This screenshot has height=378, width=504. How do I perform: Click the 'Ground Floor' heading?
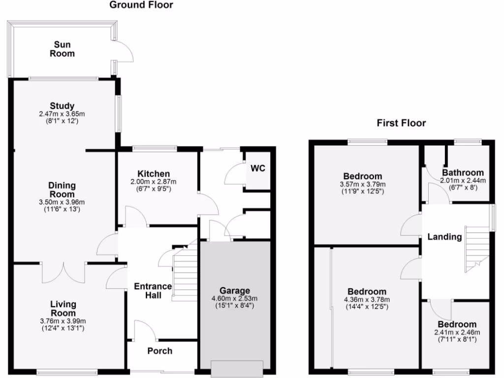pos(141,5)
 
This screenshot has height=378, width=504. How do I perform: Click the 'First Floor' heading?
pos(401,123)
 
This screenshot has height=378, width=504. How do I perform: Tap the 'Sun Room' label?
pos(62,49)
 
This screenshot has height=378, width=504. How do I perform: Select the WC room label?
pos(258,168)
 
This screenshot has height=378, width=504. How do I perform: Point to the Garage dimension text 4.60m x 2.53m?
pos(235,299)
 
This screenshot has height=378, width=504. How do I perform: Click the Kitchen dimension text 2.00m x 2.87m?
pos(154,182)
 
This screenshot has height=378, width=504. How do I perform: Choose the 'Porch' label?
pos(160,351)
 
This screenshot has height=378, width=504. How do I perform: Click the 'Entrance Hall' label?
pos(154,291)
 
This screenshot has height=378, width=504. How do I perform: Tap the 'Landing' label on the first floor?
pos(444,237)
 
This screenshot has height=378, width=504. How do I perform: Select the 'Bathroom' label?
pos(463,173)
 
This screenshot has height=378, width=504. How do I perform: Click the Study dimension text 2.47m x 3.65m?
pos(62,114)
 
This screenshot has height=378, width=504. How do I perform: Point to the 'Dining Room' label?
pos(62,189)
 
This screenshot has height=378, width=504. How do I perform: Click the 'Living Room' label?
pos(63,309)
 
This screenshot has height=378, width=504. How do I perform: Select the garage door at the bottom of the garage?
pos(237,368)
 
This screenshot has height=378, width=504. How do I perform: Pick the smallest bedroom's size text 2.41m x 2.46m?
pos(457,332)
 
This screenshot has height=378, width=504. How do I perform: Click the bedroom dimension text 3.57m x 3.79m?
pos(362,185)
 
